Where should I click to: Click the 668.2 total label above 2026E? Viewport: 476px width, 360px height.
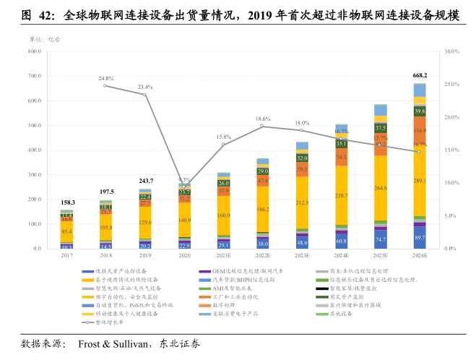click(x=420, y=75)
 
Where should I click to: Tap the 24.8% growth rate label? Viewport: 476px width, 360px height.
click(x=106, y=78)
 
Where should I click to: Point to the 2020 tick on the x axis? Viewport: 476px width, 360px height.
click(x=185, y=255)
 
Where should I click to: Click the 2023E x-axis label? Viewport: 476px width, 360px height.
click(x=302, y=255)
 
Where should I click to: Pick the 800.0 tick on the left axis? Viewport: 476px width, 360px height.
click(x=33, y=52)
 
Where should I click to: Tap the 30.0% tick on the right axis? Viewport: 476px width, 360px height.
click(x=452, y=52)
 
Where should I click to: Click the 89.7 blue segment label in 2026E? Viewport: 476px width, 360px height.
click(x=420, y=238)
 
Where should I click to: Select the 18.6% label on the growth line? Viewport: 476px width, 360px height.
click(x=263, y=119)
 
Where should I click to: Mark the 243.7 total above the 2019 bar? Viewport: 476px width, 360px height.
click(x=146, y=181)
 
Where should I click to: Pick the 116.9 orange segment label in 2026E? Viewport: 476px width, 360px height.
click(x=420, y=130)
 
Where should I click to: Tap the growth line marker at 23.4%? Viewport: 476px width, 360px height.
click(x=144, y=95)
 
